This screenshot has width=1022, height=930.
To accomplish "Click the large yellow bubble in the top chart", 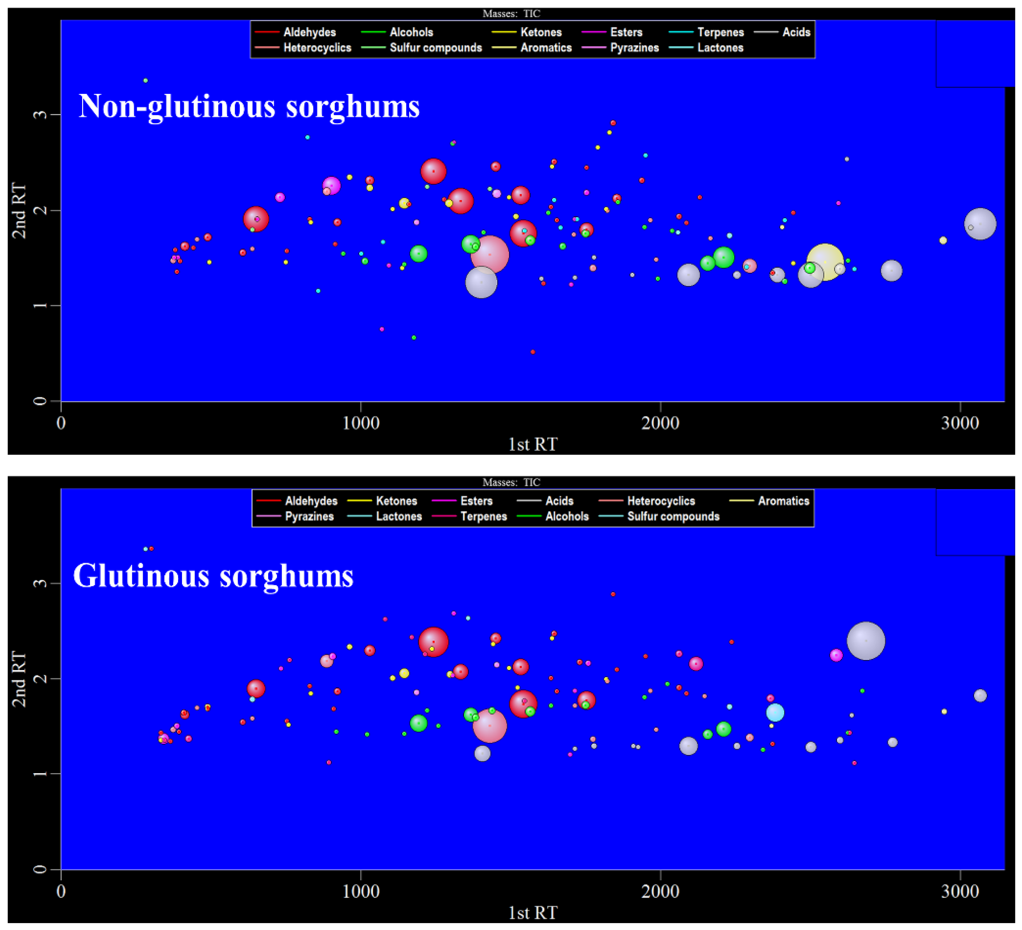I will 825,262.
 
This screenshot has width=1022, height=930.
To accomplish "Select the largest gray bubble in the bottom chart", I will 866,641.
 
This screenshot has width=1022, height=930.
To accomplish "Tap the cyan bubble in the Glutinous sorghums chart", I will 775,713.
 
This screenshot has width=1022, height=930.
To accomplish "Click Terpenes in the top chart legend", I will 720,32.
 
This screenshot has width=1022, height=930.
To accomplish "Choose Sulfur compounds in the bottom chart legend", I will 673,516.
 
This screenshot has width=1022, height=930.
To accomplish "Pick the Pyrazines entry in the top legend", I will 634,48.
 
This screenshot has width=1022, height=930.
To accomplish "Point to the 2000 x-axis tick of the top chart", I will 660,422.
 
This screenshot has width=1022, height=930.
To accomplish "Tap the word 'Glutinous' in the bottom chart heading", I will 141,576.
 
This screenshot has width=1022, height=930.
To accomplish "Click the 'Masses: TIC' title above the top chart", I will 511,14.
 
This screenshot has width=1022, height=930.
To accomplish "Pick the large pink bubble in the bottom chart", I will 489,725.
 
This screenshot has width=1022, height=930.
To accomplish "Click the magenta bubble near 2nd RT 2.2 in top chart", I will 331,186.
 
